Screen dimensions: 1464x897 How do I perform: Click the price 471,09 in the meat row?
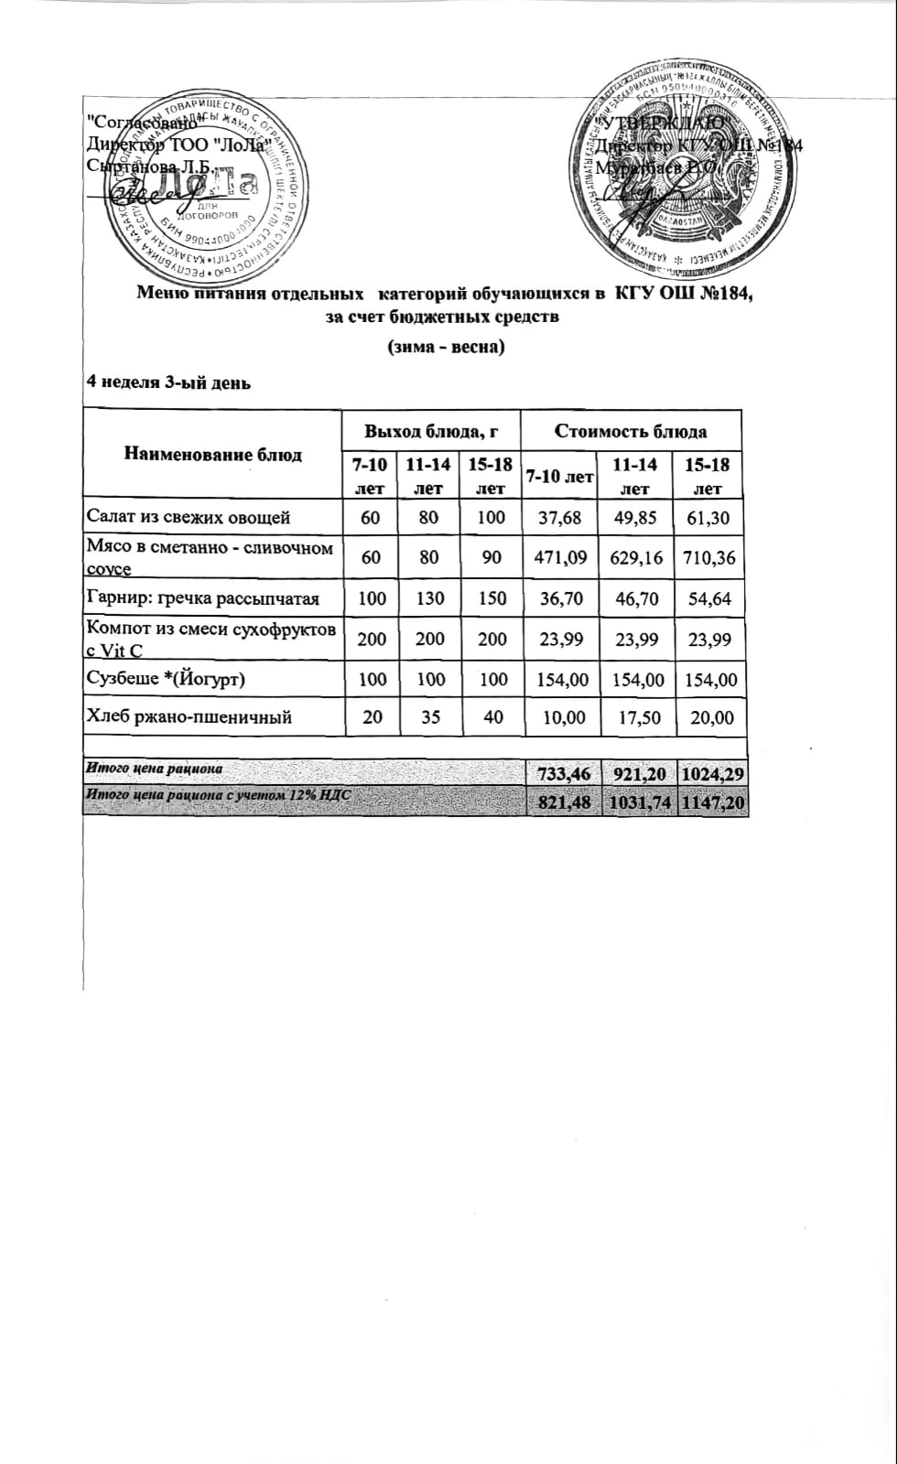tap(558, 557)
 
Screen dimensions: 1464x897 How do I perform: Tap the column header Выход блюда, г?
tap(430, 430)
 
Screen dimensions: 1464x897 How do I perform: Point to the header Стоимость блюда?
tap(631, 430)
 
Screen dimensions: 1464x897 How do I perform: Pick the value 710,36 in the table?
tap(708, 557)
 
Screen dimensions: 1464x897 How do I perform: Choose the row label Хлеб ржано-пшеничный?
tap(189, 716)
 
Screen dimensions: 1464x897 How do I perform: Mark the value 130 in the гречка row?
tap(430, 598)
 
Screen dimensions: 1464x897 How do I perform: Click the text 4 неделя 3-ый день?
tap(168, 382)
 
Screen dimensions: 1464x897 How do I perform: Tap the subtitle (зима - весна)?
tap(447, 347)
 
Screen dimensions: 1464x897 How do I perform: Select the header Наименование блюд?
tap(212, 454)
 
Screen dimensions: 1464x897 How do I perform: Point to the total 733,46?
tap(558, 775)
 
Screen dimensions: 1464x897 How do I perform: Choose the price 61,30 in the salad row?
tap(708, 517)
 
